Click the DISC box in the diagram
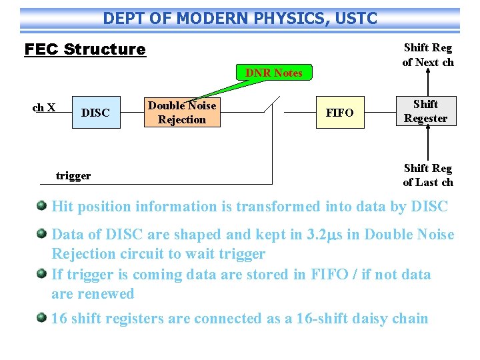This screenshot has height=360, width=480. tap(95, 112)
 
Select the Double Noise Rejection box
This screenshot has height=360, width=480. tap(182, 112)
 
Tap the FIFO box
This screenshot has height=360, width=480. tap(340, 112)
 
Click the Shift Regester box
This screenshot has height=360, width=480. tap(425, 111)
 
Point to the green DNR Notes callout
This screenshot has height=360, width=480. tap(274, 73)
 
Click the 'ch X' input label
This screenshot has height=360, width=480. tap(44, 107)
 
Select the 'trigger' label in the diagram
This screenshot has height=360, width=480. tap(73, 175)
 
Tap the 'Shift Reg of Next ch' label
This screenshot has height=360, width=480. tap(427, 55)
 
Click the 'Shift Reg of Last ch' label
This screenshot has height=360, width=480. tap(427, 175)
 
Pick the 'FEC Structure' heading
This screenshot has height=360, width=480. tap(85, 49)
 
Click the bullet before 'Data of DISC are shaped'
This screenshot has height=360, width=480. tap(42, 233)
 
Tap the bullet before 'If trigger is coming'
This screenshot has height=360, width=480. tap(42, 273)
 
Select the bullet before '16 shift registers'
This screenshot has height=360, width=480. tap(42, 317)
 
